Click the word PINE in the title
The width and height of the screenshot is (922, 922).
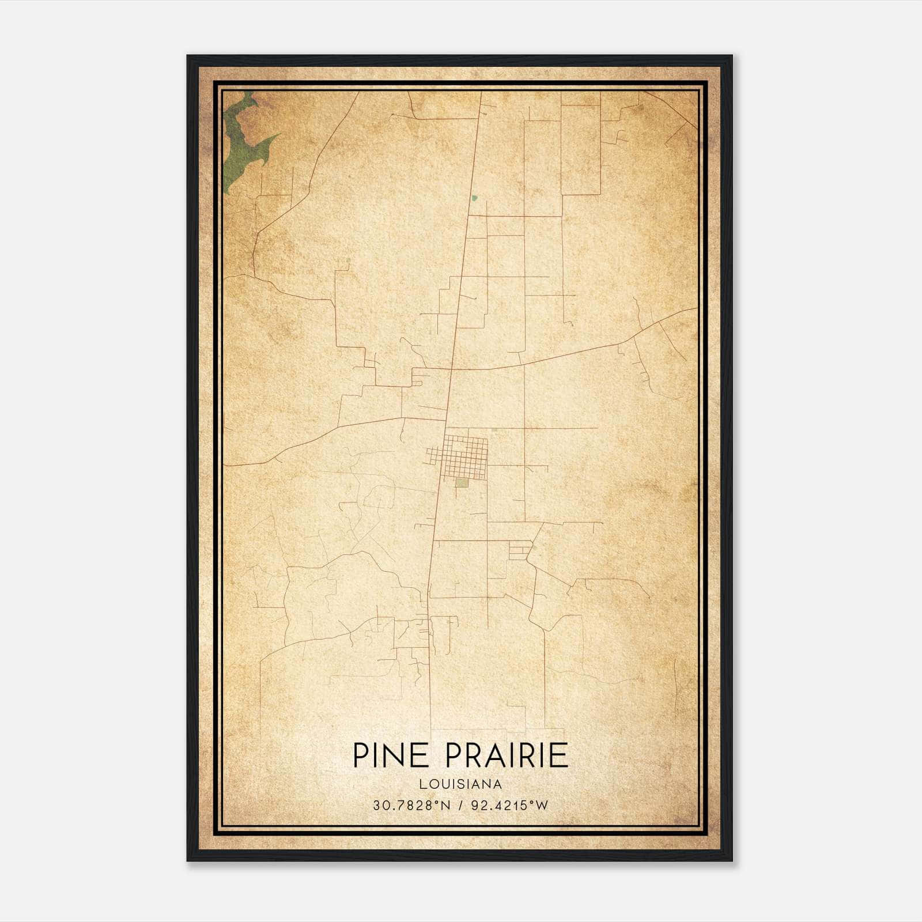point(390,755)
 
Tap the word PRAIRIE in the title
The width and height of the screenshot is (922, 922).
point(507,755)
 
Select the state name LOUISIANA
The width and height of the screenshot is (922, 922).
point(460,784)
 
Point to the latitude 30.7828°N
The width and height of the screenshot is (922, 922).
point(411,806)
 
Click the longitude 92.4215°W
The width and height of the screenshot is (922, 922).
point(509,806)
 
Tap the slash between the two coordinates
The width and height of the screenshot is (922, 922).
point(460,806)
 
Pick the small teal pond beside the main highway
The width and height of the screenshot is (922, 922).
point(474,198)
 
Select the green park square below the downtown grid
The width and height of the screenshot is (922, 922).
point(462,483)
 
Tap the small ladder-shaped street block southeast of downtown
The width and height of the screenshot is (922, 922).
point(519,551)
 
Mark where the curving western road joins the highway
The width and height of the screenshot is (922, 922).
point(447,417)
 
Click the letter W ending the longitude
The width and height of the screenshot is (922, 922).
point(542,806)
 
